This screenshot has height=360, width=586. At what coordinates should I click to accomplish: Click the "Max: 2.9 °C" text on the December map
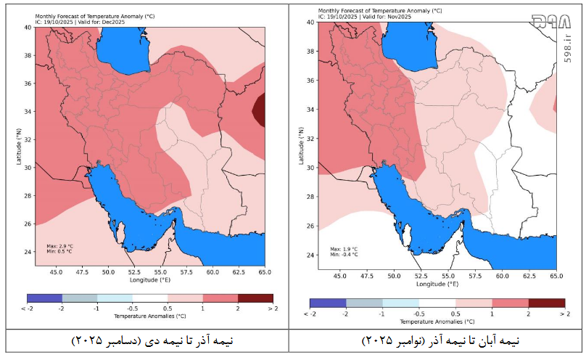coord(60,245)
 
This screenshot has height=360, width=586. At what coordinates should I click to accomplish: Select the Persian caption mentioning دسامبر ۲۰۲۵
coord(150,340)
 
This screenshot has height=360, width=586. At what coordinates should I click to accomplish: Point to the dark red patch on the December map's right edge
coord(259,111)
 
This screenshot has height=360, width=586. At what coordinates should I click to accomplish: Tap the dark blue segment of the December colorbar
coord(44,298)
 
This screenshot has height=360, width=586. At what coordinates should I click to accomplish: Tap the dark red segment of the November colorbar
coord(546,302)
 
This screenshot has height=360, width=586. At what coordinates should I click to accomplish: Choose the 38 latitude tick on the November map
coord(310,52)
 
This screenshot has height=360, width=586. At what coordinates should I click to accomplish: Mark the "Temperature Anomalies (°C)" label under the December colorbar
coord(150,316)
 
